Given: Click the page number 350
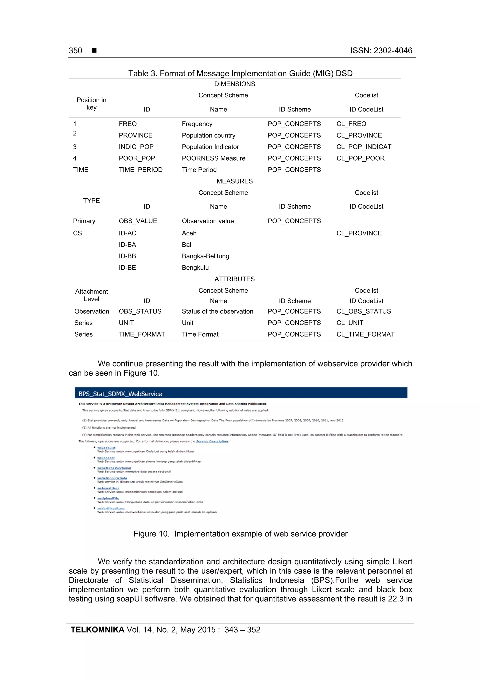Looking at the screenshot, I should (75, 51).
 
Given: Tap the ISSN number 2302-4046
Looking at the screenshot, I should (392, 51).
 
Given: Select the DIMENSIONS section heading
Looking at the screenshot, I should (234, 84).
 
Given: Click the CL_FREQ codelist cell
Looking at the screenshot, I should (351, 124).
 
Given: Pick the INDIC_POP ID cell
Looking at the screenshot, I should (136, 147).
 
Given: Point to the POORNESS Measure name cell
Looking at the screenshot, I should (213, 158).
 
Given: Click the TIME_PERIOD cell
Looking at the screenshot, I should (140, 170).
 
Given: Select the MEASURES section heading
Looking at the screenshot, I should (234, 181).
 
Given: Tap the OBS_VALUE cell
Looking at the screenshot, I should (138, 221).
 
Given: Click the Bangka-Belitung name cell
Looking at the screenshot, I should (205, 256).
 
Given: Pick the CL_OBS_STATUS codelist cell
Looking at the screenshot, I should (363, 311).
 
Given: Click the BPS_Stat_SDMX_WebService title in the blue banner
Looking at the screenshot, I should (120, 394).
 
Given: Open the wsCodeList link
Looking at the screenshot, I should (106, 448).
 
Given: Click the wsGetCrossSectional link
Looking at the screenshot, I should (114, 468).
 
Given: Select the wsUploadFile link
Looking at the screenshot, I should (108, 498).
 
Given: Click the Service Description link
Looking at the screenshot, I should (212, 441).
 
